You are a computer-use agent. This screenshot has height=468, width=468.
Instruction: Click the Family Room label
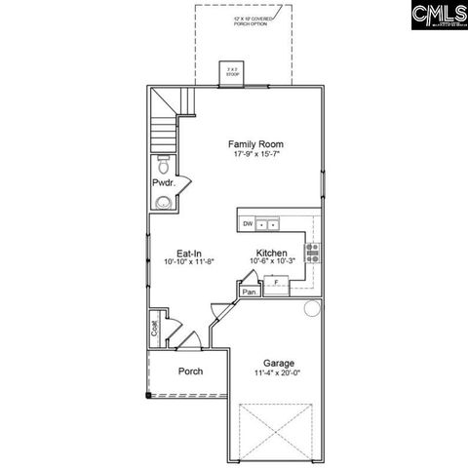[256, 143]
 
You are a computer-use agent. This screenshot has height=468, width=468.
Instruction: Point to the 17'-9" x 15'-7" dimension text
[256, 154]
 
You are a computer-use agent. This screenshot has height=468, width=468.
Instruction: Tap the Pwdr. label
[163, 183]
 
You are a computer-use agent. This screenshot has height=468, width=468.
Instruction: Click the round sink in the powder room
[163, 203]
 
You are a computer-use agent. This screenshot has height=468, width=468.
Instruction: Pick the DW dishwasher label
[248, 224]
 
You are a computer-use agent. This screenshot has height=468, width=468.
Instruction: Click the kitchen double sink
[267, 224]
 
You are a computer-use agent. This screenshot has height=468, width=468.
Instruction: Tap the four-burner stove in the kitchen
[313, 253]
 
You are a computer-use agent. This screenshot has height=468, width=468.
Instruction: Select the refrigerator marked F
[276, 282]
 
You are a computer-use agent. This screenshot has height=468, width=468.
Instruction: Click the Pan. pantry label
[249, 291]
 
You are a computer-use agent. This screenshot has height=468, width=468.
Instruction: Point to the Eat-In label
[175, 252]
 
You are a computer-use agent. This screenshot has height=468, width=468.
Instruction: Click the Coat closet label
[155, 330]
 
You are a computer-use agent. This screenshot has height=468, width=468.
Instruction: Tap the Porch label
[191, 371]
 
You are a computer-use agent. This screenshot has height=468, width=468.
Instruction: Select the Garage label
[278, 362]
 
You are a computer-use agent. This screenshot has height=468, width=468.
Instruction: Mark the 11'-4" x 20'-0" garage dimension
[278, 372]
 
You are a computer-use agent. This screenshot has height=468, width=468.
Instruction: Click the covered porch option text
[255, 21]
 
